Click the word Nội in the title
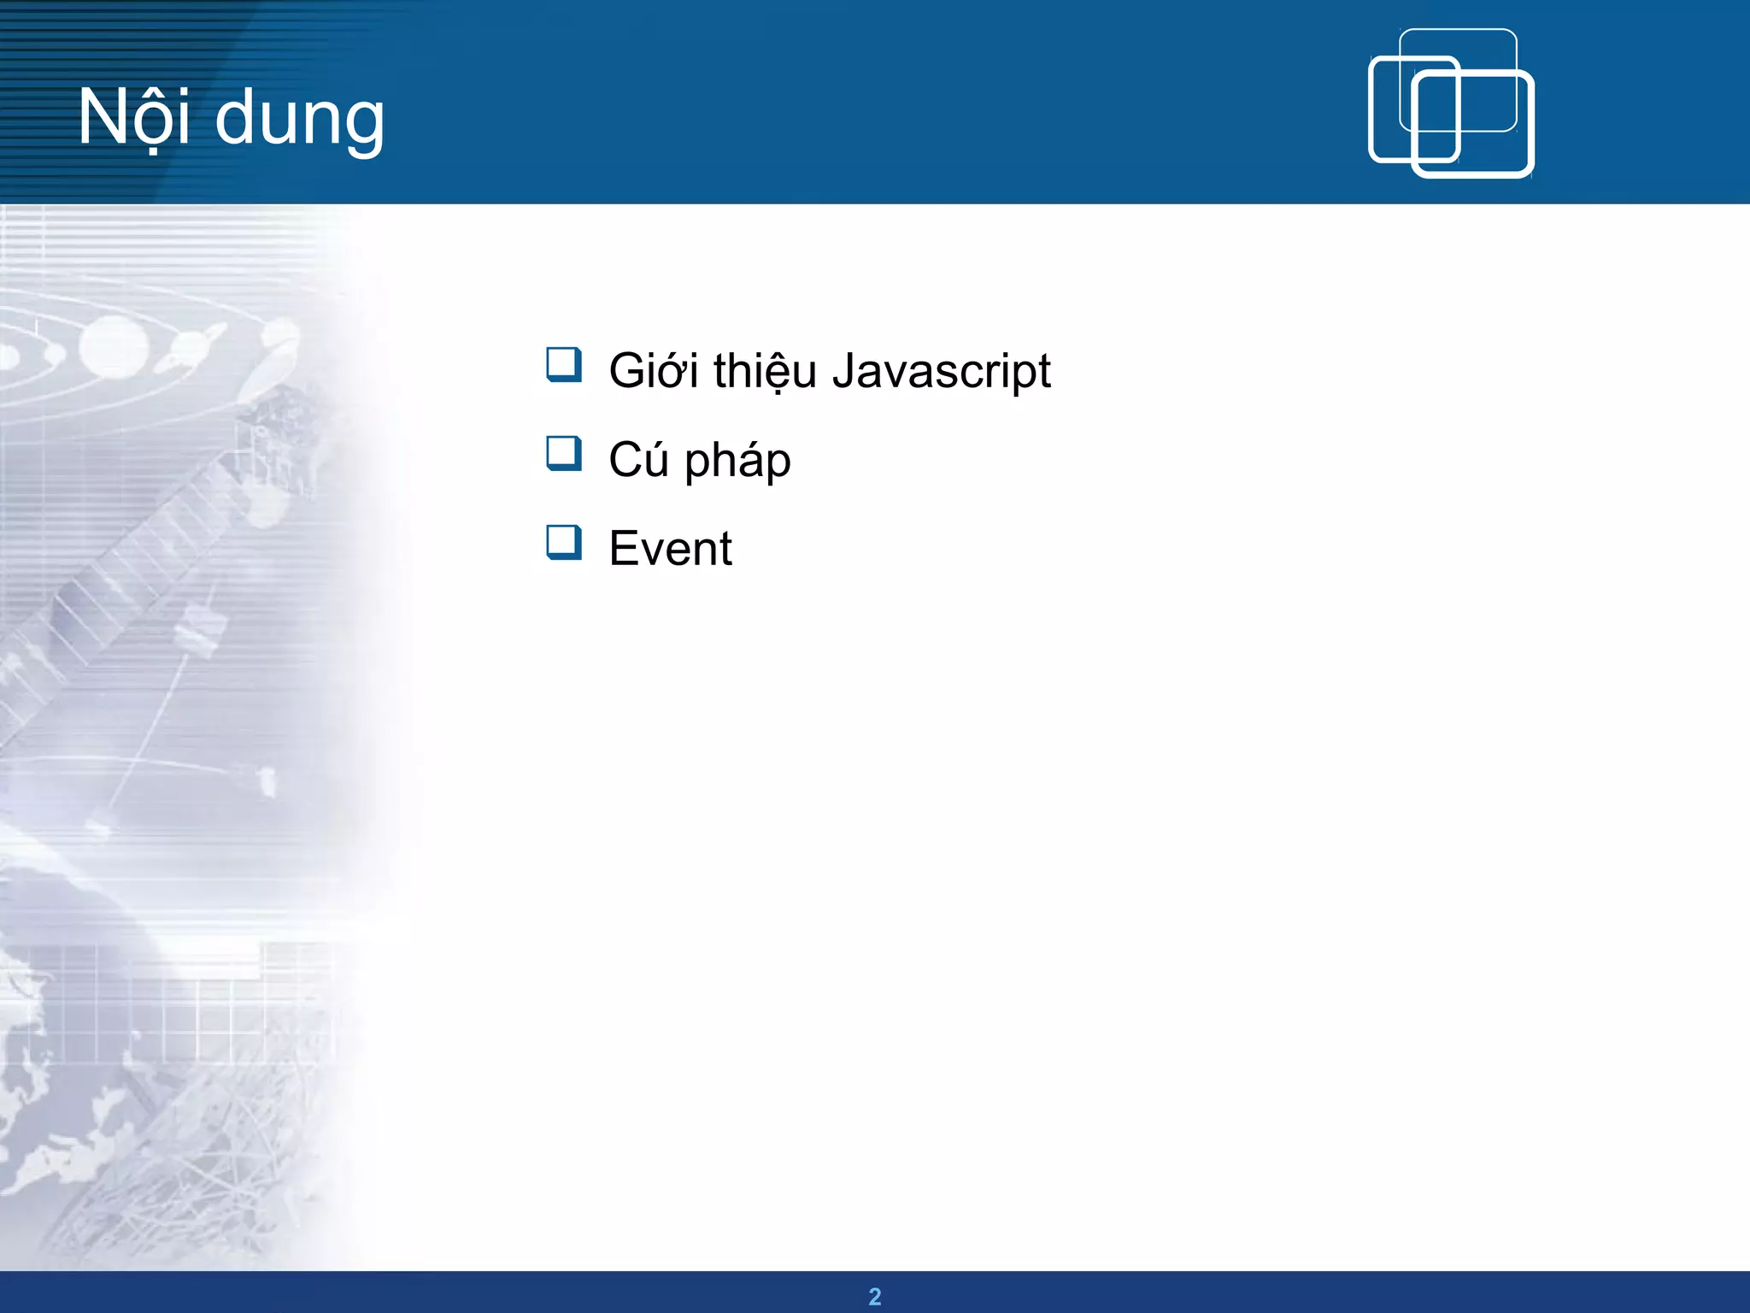point(133,118)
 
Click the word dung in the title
point(300,120)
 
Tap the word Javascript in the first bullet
point(941,373)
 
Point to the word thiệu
point(765,373)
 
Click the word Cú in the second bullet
point(638,460)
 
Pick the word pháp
point(737,462)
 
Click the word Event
point(670,549)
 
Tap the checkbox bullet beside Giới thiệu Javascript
point(564,364)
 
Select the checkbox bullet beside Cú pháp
point(564,453)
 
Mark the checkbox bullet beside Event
point(564,542)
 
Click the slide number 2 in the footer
point(875,1296)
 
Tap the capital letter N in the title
point(101,116)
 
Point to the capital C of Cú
point(625,460)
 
